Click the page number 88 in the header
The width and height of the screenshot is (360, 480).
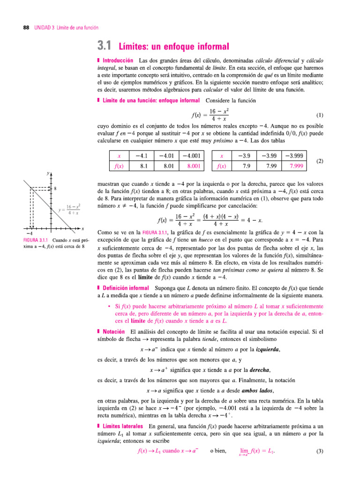pos(26,28)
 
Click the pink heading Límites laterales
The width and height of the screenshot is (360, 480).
pos(123,426)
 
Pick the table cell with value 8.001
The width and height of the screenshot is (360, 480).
pos(193,165)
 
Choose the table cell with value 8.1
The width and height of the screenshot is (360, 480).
pos(144,165)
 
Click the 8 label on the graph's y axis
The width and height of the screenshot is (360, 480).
pos(55,188)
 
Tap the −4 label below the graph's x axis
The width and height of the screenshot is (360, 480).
pos(29,233)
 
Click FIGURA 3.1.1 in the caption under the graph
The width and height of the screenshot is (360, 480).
pos(37,240)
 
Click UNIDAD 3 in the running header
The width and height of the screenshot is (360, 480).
pos(44,28)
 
